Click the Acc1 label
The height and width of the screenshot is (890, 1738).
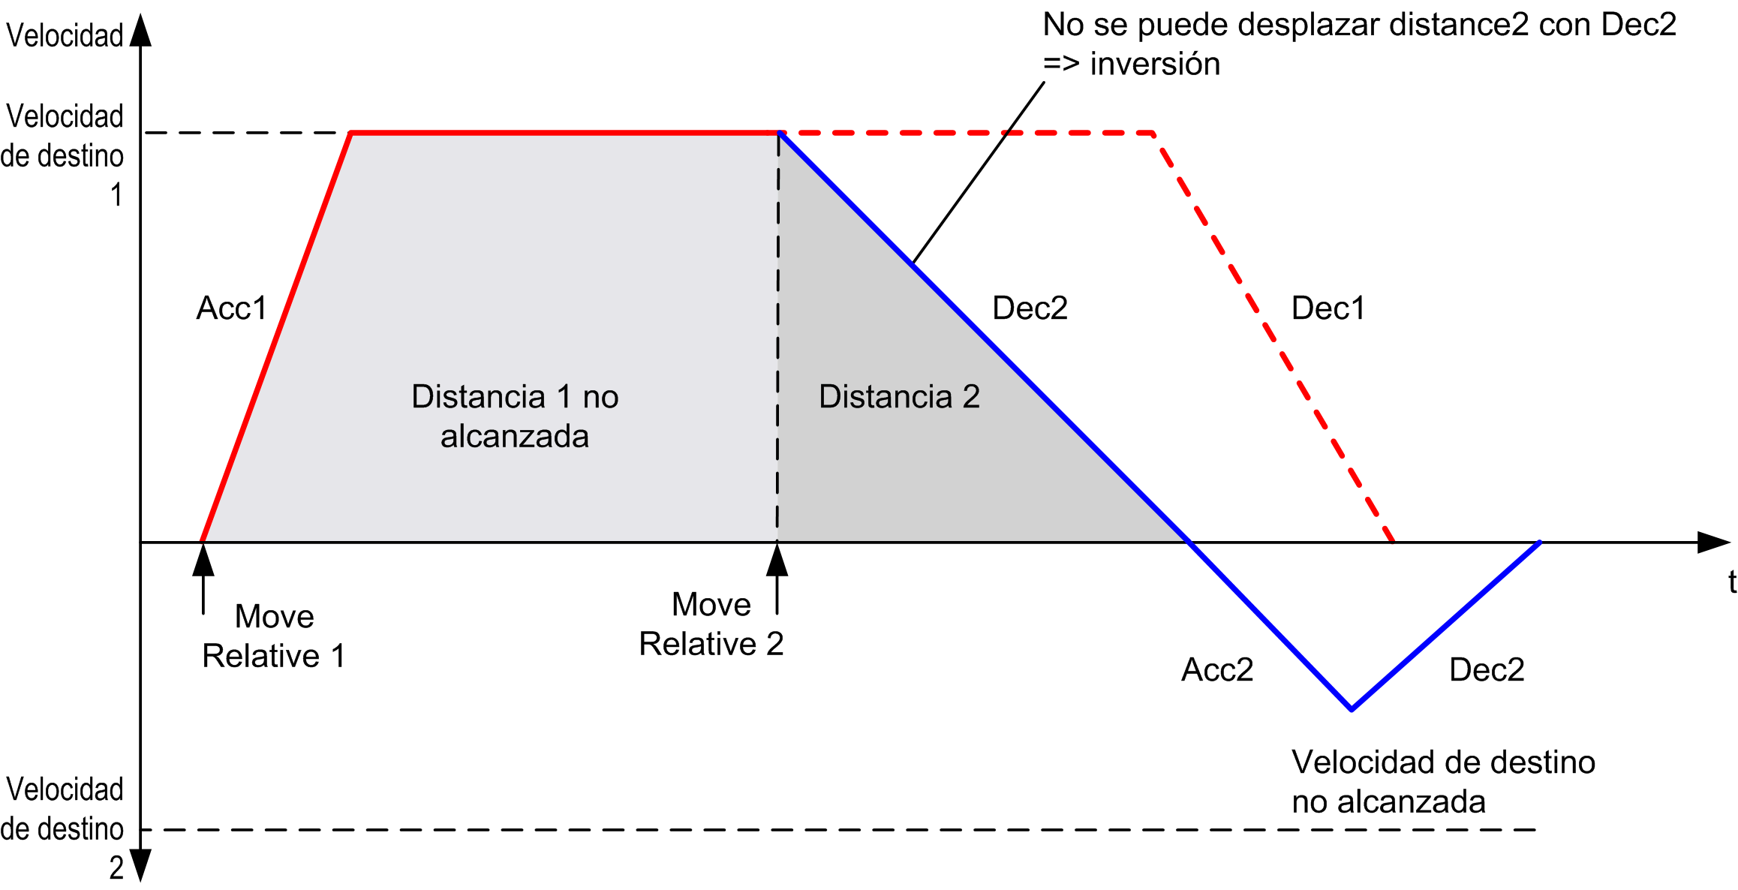(232, 308)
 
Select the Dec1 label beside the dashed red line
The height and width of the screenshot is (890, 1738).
(1328, 308)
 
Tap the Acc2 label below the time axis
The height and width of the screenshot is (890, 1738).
(1217, 669)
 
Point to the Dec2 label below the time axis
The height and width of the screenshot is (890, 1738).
(1487, 669)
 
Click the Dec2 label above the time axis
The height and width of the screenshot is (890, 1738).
(1030, 308)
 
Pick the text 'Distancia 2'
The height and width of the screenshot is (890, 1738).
(899, 396)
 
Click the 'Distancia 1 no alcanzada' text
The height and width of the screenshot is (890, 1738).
(515, 416)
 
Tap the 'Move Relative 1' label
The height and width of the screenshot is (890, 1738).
(274, 636)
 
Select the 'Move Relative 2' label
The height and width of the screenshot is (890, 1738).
(711, 624)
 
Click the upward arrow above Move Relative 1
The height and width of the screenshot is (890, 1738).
(203, 579)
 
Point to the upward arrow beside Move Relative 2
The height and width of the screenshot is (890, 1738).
(777, 579)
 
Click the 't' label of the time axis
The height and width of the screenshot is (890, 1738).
(1732, 582)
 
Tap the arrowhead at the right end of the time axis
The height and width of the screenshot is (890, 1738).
(1714, 542)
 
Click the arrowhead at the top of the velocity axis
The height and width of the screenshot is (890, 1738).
(140, 29)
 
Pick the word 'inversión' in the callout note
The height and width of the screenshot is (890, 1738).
(1155, 65)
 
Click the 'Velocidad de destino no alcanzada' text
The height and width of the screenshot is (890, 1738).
(1443, 782)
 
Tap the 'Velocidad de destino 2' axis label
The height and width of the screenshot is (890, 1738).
(63, 828)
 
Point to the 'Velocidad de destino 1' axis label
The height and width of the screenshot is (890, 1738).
(63, 155)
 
